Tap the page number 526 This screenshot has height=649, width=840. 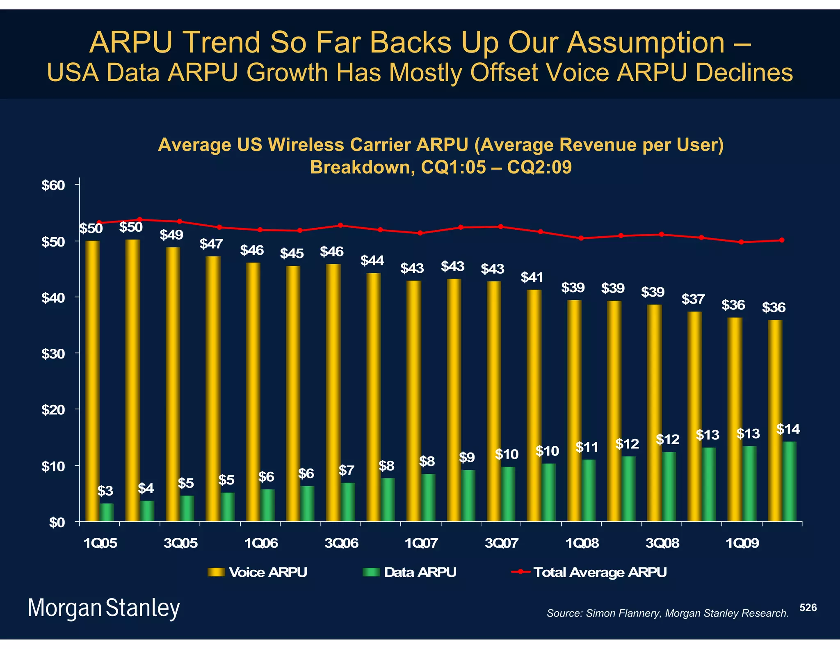[808, 608]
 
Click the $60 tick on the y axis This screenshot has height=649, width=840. [53, 185]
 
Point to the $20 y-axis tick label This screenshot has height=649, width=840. [53, 410]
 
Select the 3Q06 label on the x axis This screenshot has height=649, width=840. [341, 544]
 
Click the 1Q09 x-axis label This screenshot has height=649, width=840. [742, 544]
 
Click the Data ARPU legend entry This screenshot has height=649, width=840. [410, 572]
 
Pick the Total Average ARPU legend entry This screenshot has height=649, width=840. [589, 572]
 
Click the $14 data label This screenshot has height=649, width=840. [788, 430]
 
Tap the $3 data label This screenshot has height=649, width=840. [105, 491]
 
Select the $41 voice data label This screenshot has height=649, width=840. [532, 278]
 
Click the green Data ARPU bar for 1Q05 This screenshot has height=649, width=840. [107, 512]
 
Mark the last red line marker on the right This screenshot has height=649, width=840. [782, 240]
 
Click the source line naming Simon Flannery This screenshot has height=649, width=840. [667, 613]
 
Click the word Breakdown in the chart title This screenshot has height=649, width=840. [360, 167]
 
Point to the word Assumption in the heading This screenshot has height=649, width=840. [646, 42]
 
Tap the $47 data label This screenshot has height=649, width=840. [211, 244]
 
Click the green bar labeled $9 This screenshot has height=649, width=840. [468, 496]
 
